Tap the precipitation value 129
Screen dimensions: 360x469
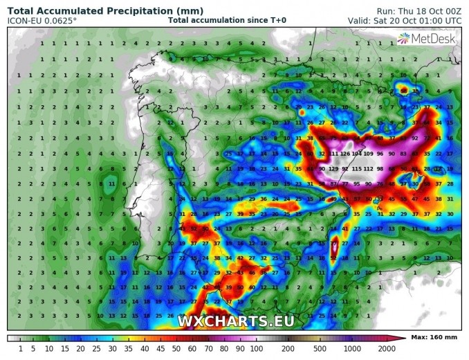point(334,169)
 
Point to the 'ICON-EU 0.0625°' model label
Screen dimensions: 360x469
point(42,20)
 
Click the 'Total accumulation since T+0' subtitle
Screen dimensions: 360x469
point(226,20)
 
